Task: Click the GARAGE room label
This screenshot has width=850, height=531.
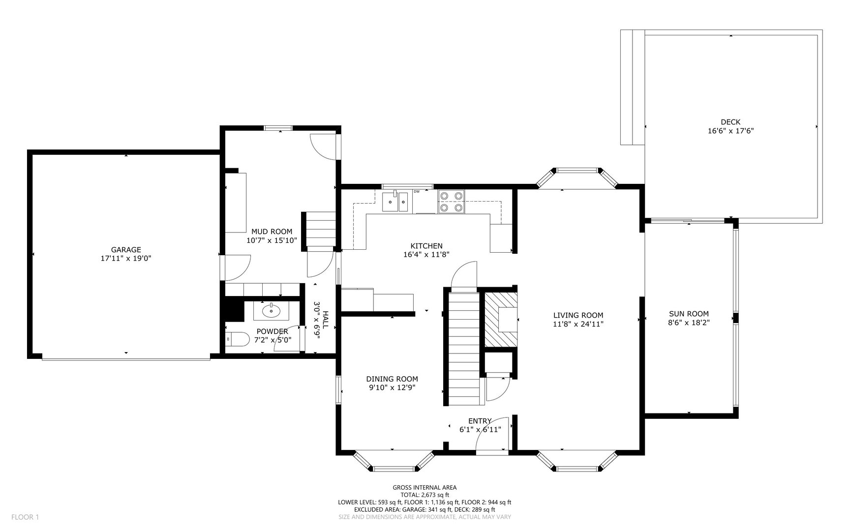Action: click(x=126, y=250)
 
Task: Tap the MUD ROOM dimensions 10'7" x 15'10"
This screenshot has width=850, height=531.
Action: click(x=272, y=240)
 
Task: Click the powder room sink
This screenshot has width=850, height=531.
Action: click(x=271, y=310)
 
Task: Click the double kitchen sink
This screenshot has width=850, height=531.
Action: click(x=395, y=202)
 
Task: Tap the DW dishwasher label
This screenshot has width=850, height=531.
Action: click(x=417, y=191)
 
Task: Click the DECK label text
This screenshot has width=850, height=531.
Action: click(x=730, y=122)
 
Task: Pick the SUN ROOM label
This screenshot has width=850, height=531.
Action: click(x=689, y=314)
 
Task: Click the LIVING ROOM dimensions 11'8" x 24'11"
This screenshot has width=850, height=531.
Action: click(x=578, y=324)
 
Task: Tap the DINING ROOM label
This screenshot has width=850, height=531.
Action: click(x=392, y=379)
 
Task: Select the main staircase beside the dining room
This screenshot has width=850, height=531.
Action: click(x=463, y=347)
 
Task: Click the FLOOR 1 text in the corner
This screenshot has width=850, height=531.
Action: click(x=25, y=517)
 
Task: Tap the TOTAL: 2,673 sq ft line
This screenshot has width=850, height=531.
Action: click(x=425, y=495)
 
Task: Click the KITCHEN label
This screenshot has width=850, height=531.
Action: click(x=426, y=246)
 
